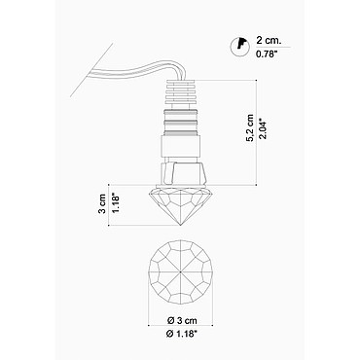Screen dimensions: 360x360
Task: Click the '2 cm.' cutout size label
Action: (269, 41)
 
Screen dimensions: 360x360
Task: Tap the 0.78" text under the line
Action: (267, 54)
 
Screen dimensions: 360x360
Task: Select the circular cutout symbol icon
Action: (239, 47)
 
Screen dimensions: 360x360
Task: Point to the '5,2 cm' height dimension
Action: (250, 127)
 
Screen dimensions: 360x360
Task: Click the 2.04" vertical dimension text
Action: (263, 128)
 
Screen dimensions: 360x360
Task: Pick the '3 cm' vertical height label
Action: (102, 203)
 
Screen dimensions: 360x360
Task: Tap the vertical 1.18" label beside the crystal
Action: (116, 203)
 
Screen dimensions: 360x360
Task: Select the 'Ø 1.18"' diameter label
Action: (182, 334)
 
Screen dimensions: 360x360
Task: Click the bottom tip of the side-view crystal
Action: (180, 225)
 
